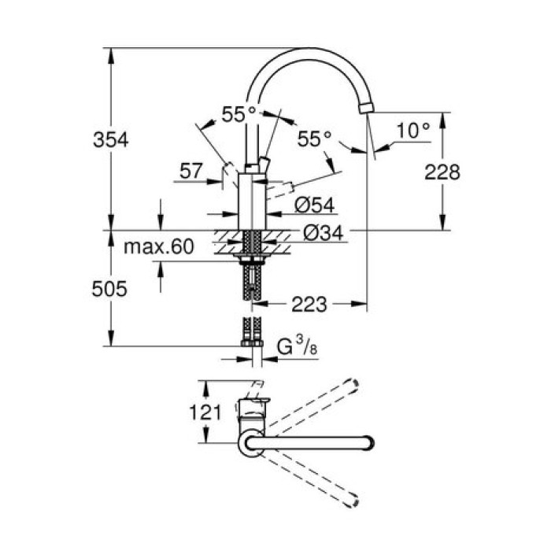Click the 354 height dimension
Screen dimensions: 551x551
(111, 140)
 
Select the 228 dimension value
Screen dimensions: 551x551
(442, 172)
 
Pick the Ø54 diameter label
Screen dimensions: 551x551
(315, 205)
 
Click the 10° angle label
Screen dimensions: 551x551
(413, 131)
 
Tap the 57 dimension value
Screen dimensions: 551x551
(192, 170)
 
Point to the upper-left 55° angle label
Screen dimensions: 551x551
(239, 114)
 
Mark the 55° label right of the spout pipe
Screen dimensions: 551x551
(315, 139)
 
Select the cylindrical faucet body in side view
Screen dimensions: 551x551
(252, 201)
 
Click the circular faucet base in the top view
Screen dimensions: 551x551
(252, 443)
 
